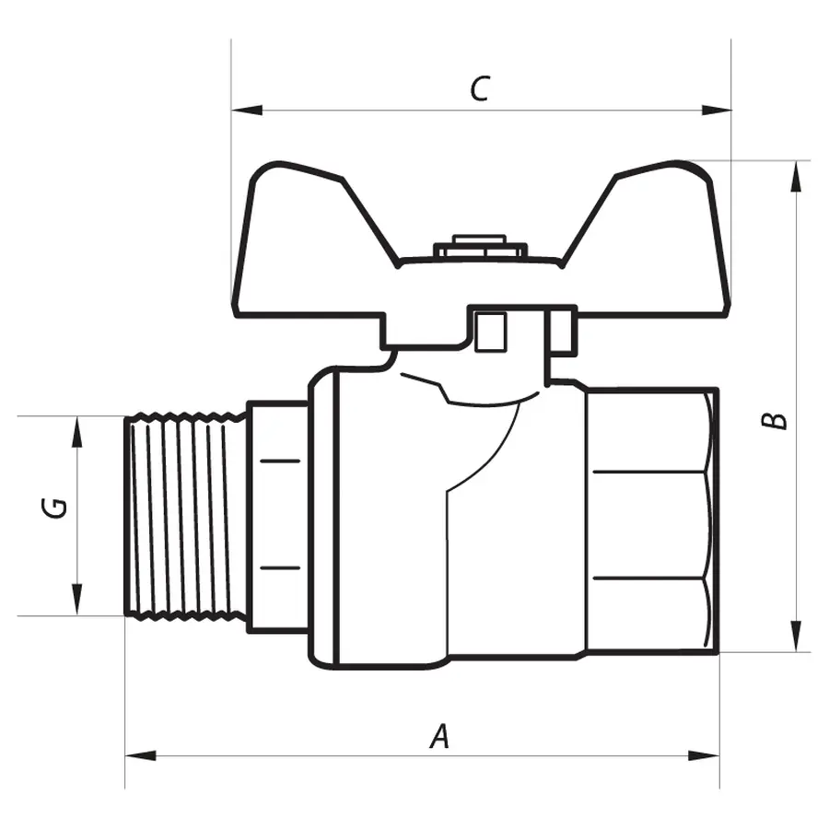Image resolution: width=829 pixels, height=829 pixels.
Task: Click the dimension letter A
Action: pyautogui.click(x=441, y=737)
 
